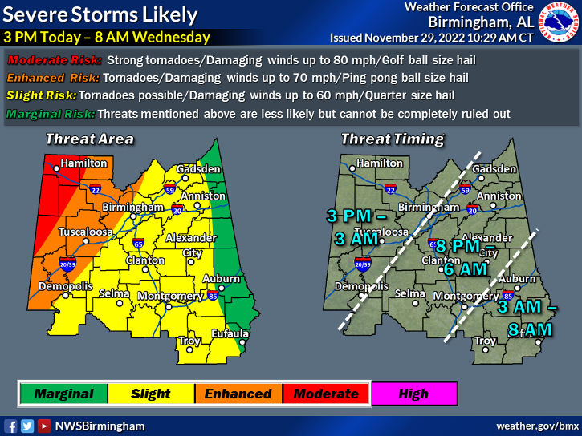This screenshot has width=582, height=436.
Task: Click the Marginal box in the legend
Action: (63, 394)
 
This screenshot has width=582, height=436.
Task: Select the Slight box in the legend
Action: (151, 394)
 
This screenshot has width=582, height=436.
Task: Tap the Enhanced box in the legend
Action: (238, 394)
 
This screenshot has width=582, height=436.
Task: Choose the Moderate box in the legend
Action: (325, 394)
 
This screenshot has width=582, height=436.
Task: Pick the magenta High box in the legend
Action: (413, 394)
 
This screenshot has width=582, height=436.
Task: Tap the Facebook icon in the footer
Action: (10, 426)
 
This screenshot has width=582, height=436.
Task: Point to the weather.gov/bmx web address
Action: (537, 426)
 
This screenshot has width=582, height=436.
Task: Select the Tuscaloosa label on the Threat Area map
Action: (85, 232)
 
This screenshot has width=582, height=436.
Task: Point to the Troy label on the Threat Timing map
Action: (485, 341)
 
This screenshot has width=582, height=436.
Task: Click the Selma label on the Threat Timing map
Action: (409, 293)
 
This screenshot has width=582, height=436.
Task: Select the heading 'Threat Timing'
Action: (392, 139)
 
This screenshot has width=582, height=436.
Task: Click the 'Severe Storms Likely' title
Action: (101, 14)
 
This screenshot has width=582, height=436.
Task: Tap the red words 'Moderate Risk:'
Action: (55, 60)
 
